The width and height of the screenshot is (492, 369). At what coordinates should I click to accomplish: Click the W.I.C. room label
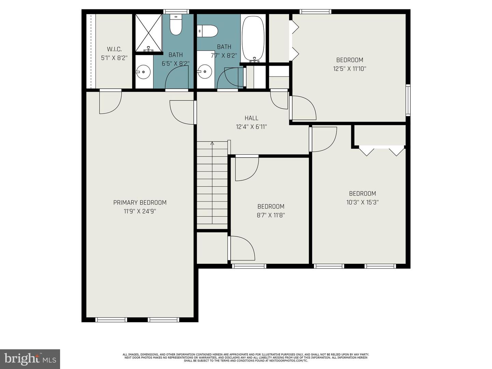pos(114,49)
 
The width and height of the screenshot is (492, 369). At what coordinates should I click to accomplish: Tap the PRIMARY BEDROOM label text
pos(140,203)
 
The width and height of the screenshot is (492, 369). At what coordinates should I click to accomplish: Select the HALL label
pos(251,118)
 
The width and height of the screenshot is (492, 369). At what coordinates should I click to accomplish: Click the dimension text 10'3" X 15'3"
pos(362,202)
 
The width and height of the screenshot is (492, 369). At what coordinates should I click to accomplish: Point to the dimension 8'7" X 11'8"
pos(271,215)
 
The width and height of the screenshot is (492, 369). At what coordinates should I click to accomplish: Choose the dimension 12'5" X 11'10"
pos(350,69)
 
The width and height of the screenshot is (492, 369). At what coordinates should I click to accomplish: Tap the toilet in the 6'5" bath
pos(176,26)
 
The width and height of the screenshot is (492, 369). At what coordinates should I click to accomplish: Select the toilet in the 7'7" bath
pos(208,31)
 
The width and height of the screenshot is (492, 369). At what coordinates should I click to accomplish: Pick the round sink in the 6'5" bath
pos(143,72)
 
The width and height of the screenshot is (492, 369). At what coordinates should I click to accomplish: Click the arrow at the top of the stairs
pos(212,143)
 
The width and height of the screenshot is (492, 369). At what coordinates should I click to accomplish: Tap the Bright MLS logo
pos(30,359)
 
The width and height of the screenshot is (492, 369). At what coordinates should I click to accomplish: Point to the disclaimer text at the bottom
pos(246,358)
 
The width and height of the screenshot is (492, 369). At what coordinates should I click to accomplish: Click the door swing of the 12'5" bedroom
pos(303,107)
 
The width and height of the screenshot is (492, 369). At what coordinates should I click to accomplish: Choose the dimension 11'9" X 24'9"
pos(140,211)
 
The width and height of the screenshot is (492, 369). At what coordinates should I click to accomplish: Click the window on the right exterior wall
pos(408,100)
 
